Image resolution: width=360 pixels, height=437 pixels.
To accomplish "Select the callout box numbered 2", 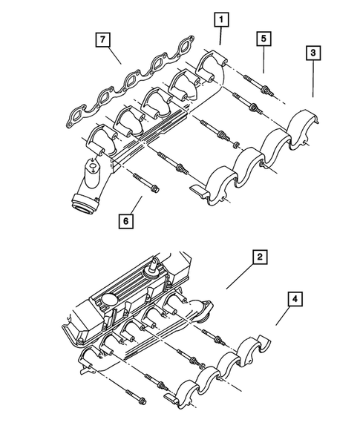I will [259, 257].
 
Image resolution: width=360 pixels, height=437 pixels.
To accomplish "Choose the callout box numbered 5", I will [263, 37].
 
